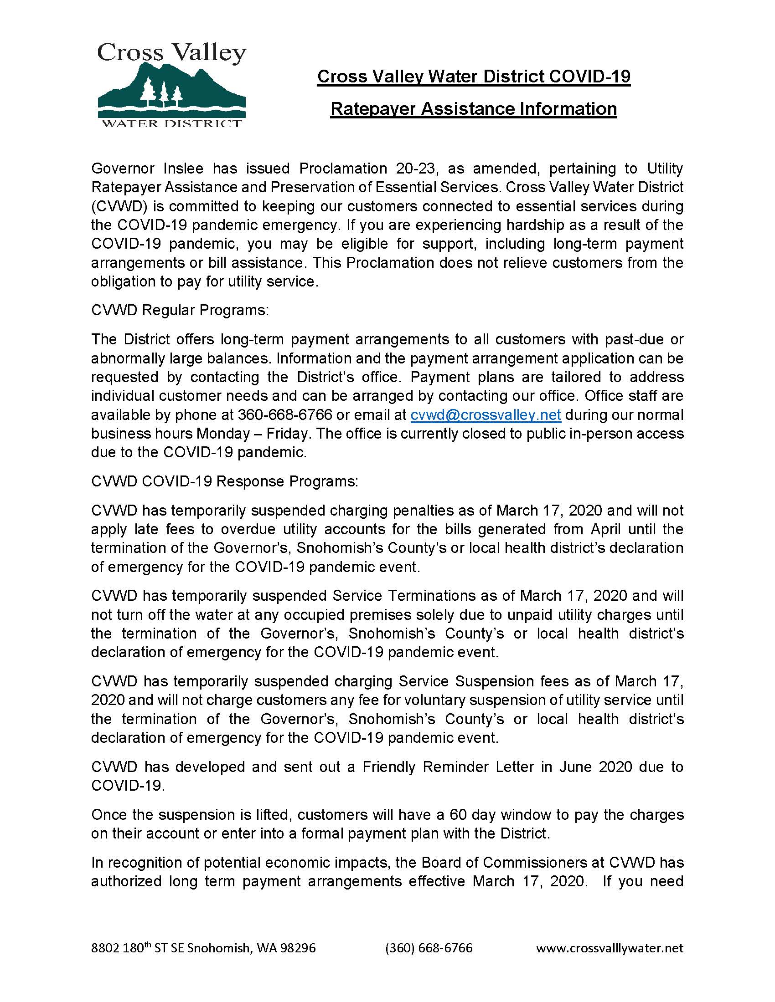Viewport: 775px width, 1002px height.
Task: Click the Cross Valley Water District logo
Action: click(172, 85)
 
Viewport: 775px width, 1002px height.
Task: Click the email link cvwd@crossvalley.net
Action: click(486, 415)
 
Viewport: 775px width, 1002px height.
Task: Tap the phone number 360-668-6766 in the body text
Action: click(284, 415)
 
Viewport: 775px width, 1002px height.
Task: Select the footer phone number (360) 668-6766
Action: click(429, 948)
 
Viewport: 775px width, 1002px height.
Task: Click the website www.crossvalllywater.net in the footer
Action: click(609, 948)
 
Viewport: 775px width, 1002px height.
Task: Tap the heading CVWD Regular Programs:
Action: click(180, 310)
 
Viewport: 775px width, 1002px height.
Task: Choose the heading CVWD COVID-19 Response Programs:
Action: click(224, 481)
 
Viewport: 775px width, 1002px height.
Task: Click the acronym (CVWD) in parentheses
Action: click(119, 206)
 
